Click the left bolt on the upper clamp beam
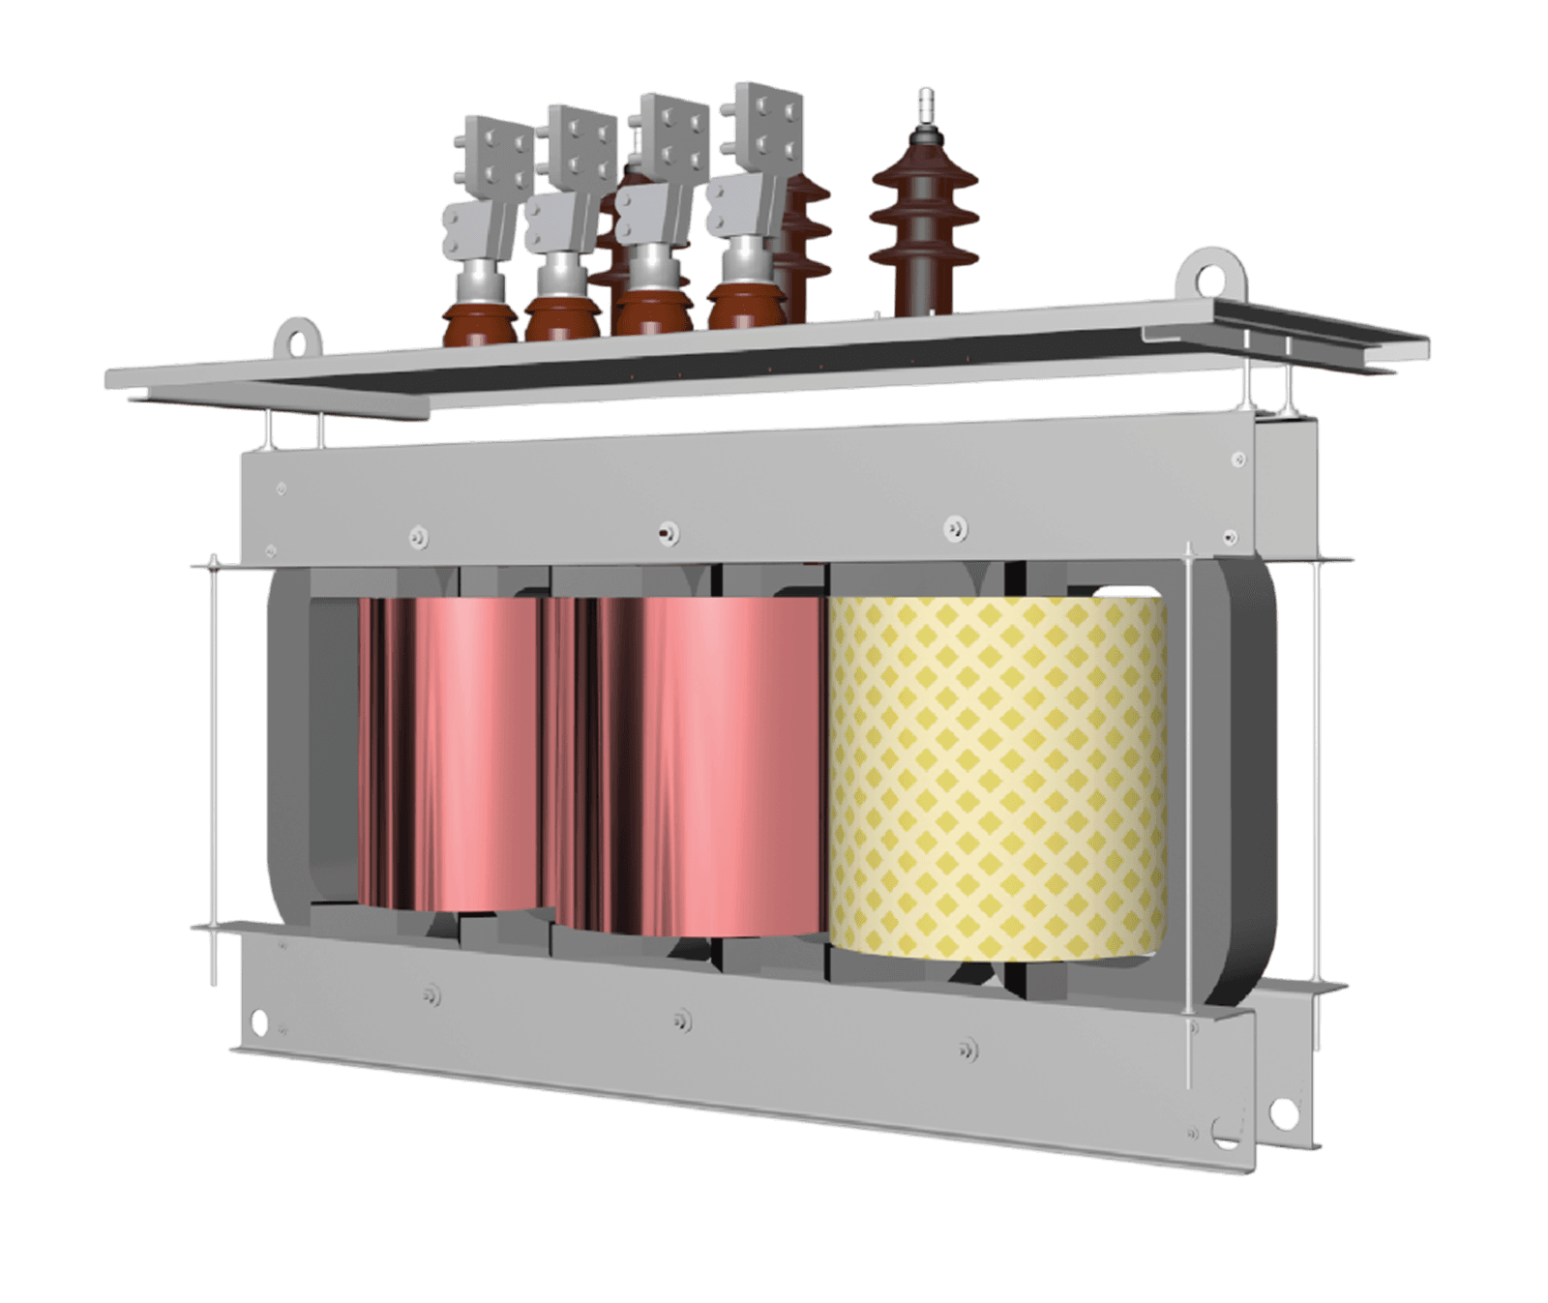[x=419, y=535]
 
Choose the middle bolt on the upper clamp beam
[x=667, y=532]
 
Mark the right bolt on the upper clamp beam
[x=954, y=527]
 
